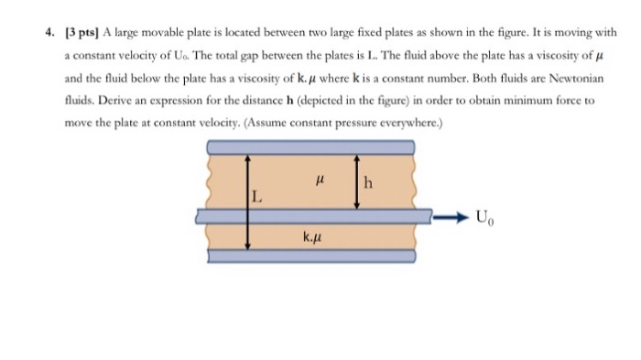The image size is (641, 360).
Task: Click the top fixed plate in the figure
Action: tap(310, 147)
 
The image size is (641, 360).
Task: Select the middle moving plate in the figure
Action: tap(310, 216)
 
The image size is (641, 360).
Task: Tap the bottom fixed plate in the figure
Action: tap(310, 256)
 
